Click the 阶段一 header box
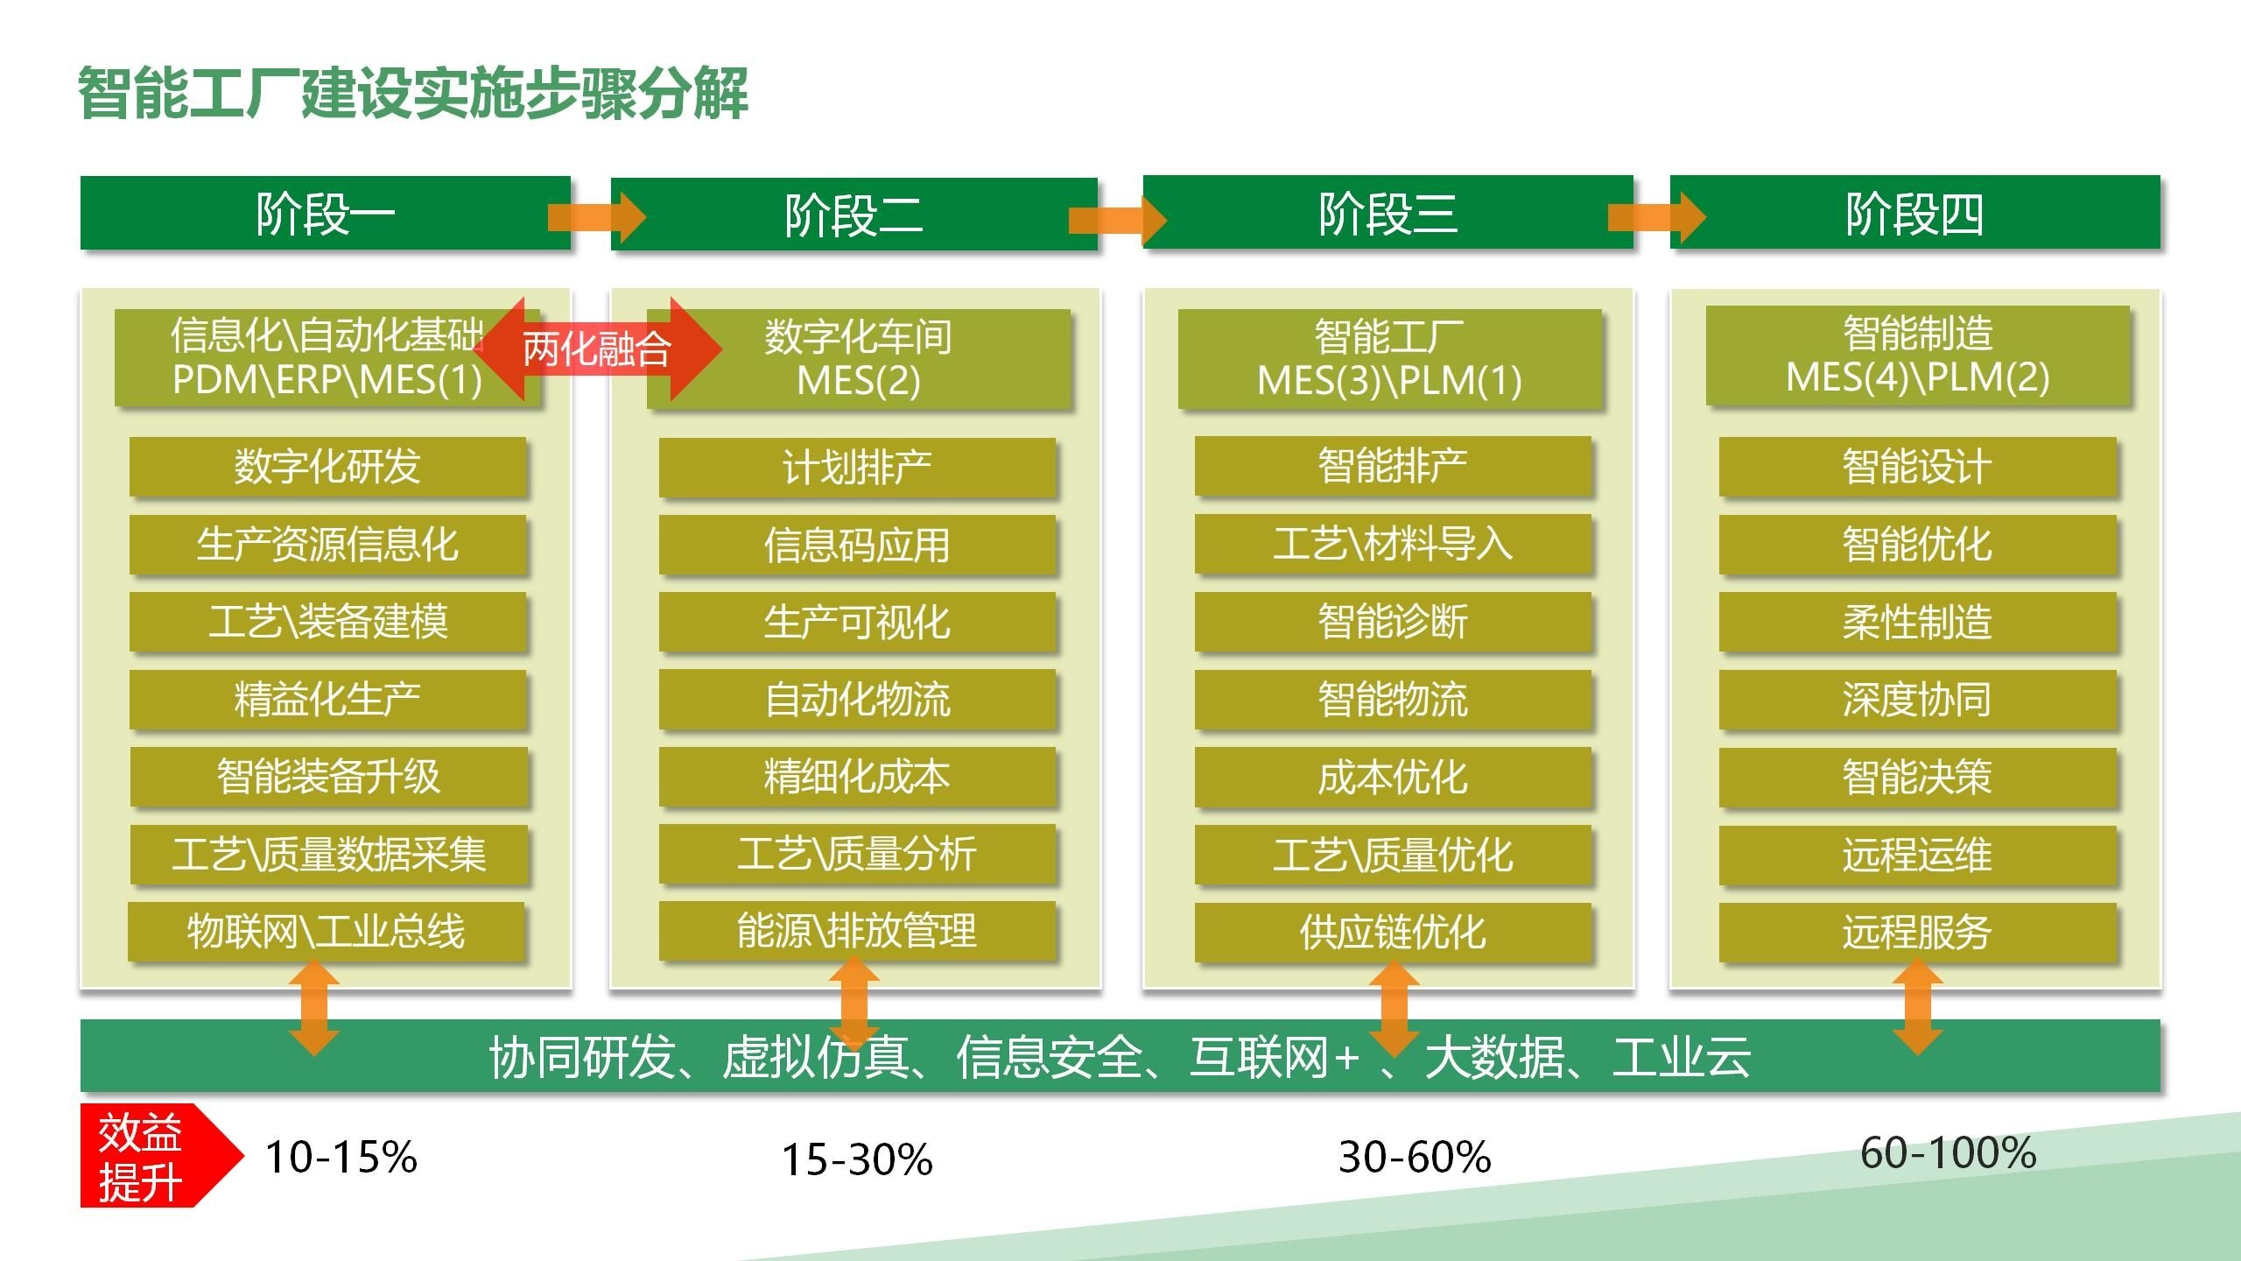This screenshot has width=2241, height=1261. [325, 213]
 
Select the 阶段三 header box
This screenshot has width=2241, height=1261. [1387, 212]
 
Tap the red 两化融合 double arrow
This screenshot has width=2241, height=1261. [598, 349]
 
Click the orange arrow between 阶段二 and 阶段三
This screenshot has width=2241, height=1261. [1118, 220]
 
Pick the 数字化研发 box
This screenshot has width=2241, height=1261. [327, 467]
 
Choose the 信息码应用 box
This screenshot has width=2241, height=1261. [857, 545]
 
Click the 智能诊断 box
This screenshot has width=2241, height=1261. [1393, 622]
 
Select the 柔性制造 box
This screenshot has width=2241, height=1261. [1917, 622]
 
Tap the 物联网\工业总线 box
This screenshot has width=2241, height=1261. [326, 932]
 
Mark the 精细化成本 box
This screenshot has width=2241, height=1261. [857, 777]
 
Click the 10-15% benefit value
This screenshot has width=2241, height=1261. [341, 1157]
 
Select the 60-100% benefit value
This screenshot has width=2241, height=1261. [1948, 1152]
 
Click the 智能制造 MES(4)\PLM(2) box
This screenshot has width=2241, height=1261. [1917, 356]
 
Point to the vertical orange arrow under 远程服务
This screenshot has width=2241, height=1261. [1917, 1007]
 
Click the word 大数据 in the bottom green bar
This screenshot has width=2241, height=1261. [1494, 1057]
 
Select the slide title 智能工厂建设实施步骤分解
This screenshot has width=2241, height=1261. [413, 93]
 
